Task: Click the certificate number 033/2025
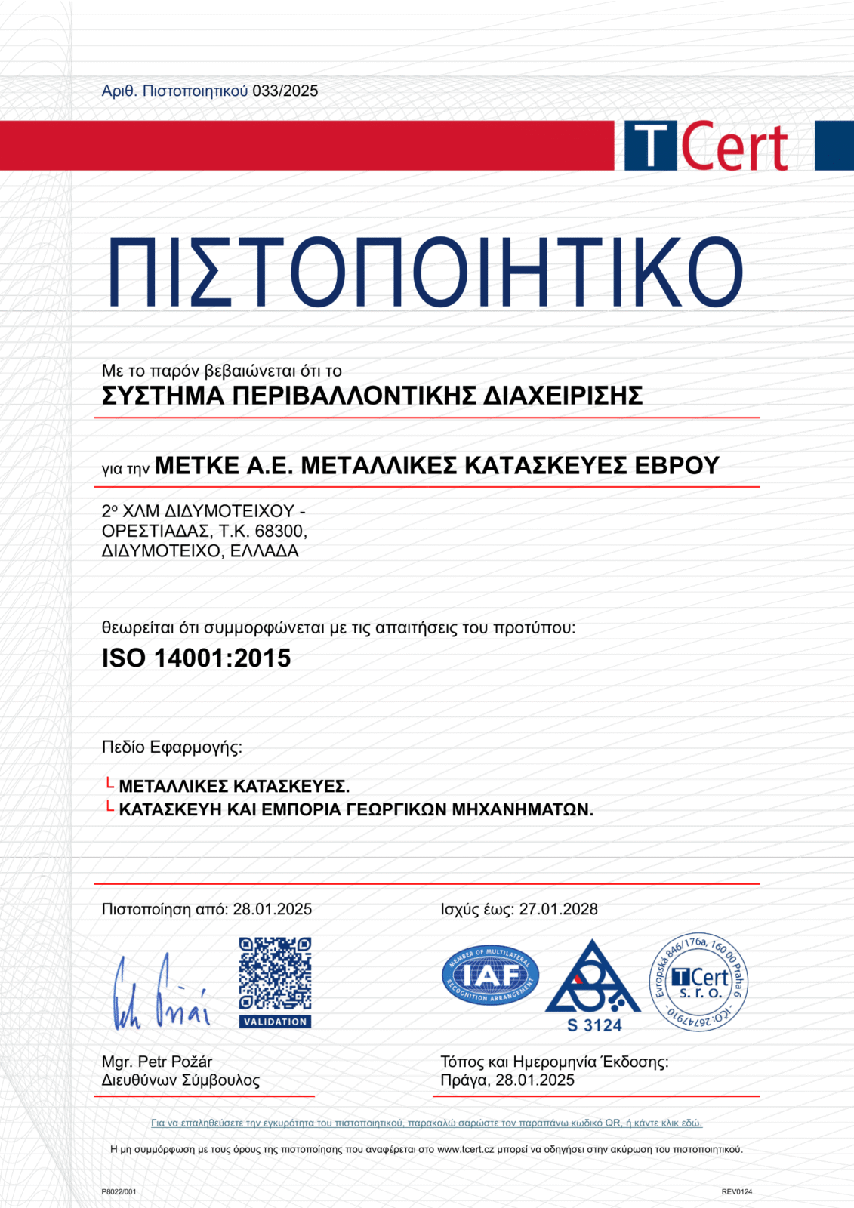[x=285, y=91]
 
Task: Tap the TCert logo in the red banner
[x=706, y=146]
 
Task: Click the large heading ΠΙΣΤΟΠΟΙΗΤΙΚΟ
[x=426, y=273]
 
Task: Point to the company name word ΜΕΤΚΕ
[x=196, y=466]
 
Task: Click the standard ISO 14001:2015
[x=196, y=658]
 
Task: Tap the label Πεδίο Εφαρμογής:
[x=172, y=747]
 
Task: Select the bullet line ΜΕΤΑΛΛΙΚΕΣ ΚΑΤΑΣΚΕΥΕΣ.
[x=234, y=787]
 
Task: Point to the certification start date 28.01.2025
[x=272, y=909]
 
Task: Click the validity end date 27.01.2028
[x=558, y=909]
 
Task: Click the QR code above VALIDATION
[x=275, y=973]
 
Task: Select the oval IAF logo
[x=490, y=975]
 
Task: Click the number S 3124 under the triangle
[x=594, y=1025]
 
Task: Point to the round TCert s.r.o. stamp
[x=699, y=982]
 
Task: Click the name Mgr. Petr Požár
[x=157, y=1062]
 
